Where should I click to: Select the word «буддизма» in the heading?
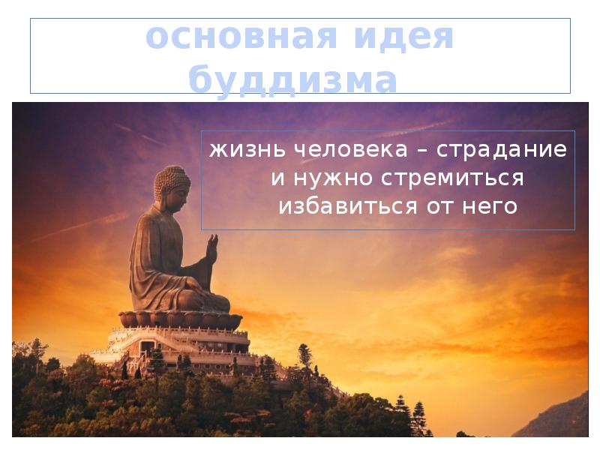point(292,79)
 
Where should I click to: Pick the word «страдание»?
point(502,149)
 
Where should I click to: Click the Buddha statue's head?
point(171,184)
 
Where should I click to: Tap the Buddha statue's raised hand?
point(211,247)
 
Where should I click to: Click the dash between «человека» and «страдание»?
point(422,150)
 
